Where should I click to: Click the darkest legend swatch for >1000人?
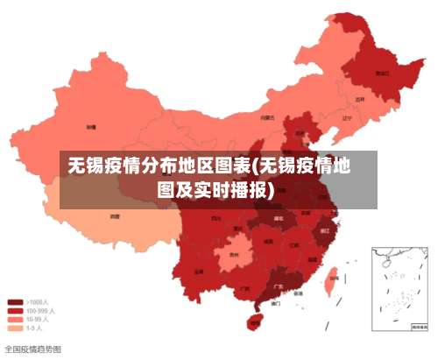[16, 302]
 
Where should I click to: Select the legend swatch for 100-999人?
[16, 311]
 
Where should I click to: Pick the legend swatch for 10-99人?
[16, 320]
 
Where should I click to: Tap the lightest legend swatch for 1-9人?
[16, 328]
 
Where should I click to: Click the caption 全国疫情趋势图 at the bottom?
[33, 349]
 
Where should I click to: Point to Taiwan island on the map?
[331, 283]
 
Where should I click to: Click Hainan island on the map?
[255, 322]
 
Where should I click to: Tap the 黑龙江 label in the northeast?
[382, 74]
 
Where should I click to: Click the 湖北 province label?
[279, 217]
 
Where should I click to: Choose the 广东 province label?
[278, 286]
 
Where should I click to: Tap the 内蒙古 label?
[267, 116]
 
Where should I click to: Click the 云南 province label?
[200, 272]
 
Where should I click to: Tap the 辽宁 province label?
[347, 117]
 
